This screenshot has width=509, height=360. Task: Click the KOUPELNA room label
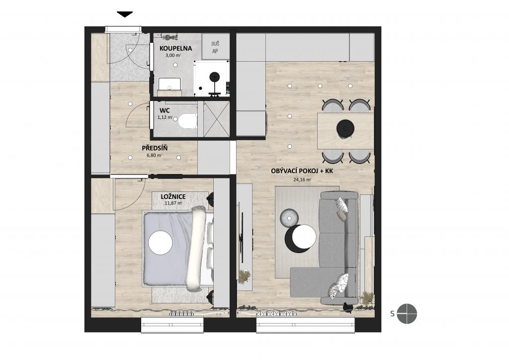(175, 48)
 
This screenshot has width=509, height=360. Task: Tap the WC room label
(165, 110)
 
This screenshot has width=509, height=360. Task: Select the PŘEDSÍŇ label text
(154, 148)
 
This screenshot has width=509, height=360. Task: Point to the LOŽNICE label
(173, 196)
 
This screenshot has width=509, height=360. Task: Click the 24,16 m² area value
(302, 180)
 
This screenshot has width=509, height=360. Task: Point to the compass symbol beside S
(407, 314)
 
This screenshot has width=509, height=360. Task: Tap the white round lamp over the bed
(160, 242)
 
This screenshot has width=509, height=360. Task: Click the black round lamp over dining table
(345, 129)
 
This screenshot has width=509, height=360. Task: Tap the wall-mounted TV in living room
(242, 233)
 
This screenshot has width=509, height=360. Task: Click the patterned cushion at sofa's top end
(341, 205)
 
